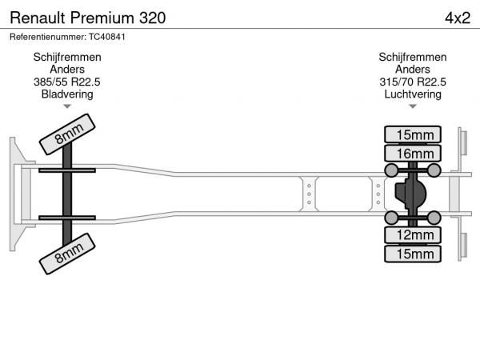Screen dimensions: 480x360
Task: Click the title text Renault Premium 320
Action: click(x=88, y=18)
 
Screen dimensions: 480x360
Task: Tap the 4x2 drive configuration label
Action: click(x=458, y=18)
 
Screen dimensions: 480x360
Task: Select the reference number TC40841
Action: click(x=107, y=37)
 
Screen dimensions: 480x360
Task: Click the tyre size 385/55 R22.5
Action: click(x=67, y=82)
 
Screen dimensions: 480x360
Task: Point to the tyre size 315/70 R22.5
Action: click(x=413, y=82)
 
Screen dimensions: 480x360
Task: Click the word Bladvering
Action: click(x=67, y=94)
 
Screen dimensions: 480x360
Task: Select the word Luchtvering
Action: click(x=413, y=94)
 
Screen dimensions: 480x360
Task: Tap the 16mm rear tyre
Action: click(x=413, y=153)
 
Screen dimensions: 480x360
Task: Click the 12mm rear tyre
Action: click(x=413, y=235)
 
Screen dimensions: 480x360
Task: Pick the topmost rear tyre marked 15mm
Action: click(x=413, y=134)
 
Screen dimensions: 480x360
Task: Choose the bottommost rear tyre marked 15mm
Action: click(x=413, y=254)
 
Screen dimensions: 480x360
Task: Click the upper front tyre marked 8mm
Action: click(x=67, y=134)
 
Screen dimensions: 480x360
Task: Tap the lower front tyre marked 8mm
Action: click(x=67, y=254)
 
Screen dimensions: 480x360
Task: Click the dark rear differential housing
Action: click(x=410, y=194)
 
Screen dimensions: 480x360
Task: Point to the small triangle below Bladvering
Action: click(x=67, y=106)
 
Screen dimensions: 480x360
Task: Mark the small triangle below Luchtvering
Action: click(x=413, y=106)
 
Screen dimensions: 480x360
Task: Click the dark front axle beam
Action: click(x=67, y=194)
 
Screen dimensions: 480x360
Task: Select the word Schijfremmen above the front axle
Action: click(x=67, y=58)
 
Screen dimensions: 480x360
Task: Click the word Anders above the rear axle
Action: click(x=413, y=70)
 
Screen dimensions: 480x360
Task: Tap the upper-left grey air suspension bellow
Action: click(x=391, y=170)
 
